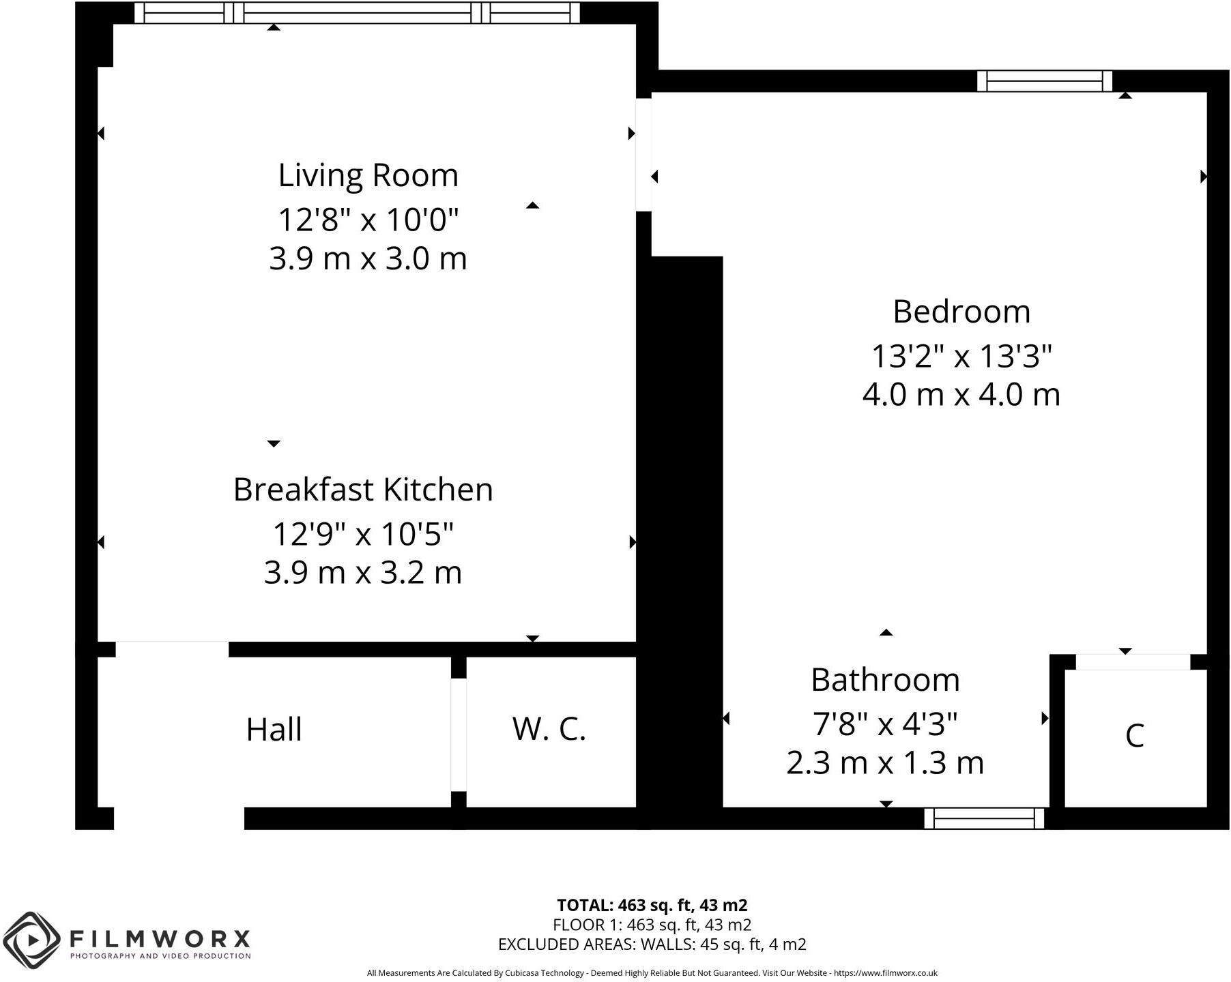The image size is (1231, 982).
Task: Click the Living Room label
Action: point(368,176)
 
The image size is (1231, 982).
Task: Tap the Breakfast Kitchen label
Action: point(363,490)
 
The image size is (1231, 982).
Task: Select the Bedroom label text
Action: point(961,312)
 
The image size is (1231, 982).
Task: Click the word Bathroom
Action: point(885,680)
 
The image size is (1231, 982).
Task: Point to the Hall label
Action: point(274,730)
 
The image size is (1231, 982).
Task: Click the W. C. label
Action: point(549,729)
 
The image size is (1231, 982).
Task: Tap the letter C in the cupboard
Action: point(1134,736)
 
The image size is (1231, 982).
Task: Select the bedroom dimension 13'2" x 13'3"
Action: point(961,357)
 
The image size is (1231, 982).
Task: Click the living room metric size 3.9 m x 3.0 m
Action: point(368,259)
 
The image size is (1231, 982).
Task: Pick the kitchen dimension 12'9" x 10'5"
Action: point(363,534)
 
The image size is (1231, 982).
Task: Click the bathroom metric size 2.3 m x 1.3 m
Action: point(885,762)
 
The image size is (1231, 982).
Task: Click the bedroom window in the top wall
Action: point(1044,81)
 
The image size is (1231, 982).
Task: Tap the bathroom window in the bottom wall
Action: point(984,818)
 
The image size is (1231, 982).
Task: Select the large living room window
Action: point(357,13)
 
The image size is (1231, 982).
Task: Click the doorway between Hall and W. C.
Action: point(459,734)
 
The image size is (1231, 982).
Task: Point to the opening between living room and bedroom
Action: point(643,155)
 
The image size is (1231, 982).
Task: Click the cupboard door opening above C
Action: point(1133,661)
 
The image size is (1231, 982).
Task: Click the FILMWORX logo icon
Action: point(31,940)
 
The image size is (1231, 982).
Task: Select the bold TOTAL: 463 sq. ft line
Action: point(652,906)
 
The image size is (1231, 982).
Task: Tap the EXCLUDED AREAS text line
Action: point(652,944)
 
